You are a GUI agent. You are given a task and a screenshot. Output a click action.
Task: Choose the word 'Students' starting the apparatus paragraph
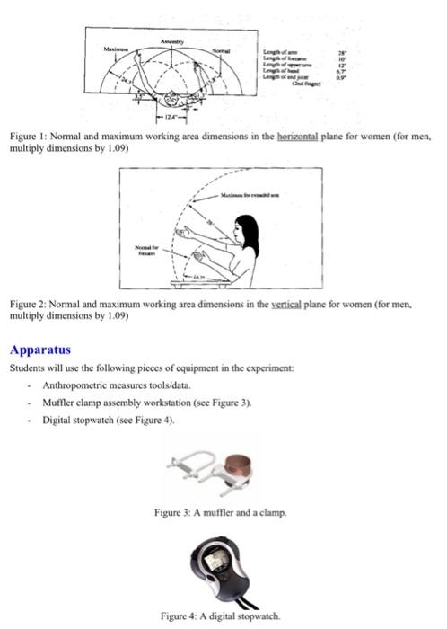tap(27, 369)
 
